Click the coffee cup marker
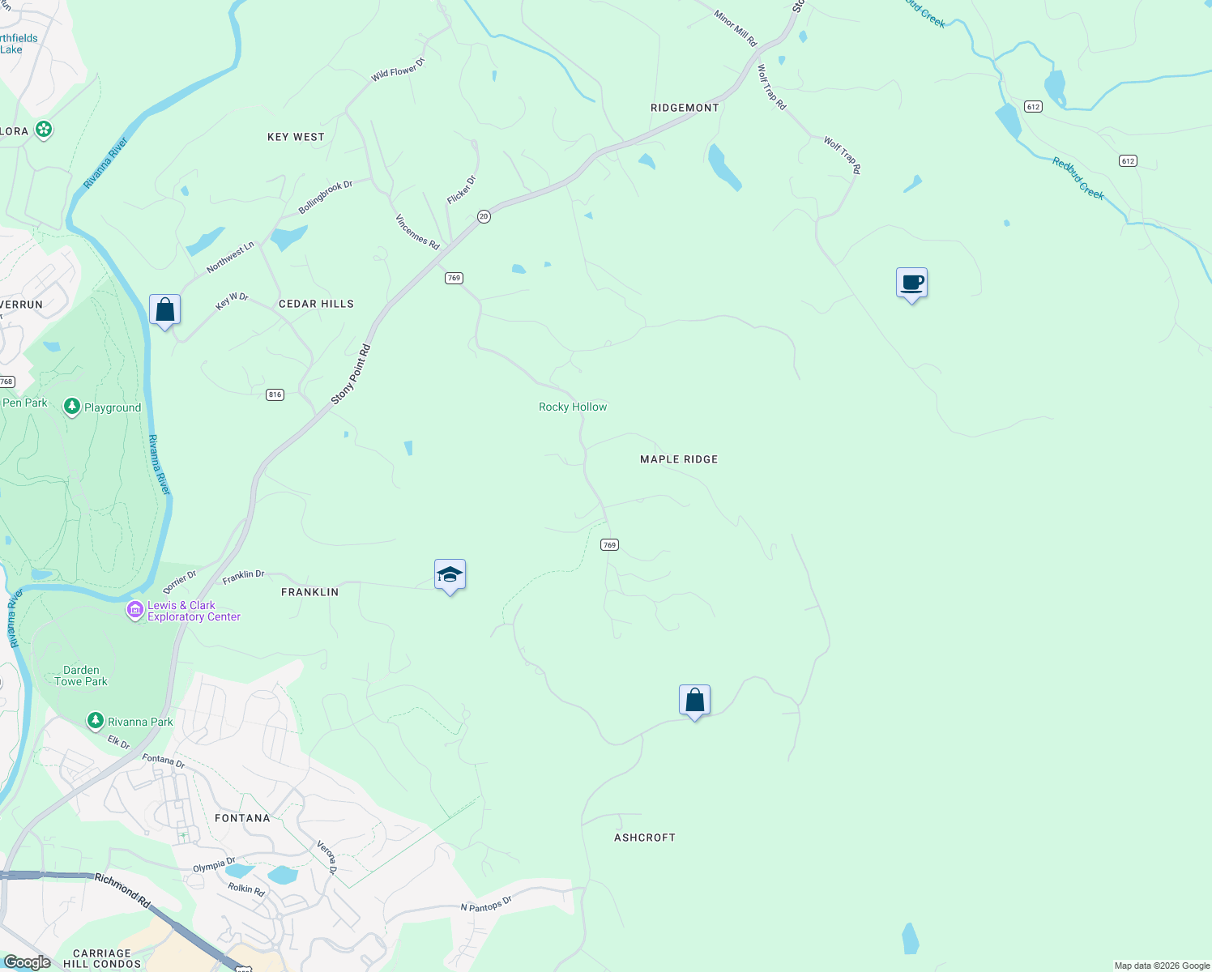tap(911, 283)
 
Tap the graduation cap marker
tap(450, 575)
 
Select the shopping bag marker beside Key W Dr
tap(164, 310)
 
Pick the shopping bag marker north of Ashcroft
tap(694, 701)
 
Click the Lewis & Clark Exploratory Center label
tap(193, 611)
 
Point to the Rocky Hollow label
tap(573, 407)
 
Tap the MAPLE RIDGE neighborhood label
tap(679, 459)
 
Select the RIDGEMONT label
tap(685, 108)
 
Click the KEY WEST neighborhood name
tap(296, 137)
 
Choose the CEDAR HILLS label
tap(316, 304)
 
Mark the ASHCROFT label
tap(645, 838)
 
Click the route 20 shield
tap(484, 216)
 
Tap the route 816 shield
tap(275, 394)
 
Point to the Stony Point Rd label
tap(351, 375)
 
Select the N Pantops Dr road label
tap(486, 904)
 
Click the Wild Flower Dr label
tap(398, 70)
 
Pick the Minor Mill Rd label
tap(736, 28)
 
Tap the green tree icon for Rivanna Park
tap(96, 720)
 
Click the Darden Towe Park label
tap(81, 676)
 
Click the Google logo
tap(27, 961)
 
